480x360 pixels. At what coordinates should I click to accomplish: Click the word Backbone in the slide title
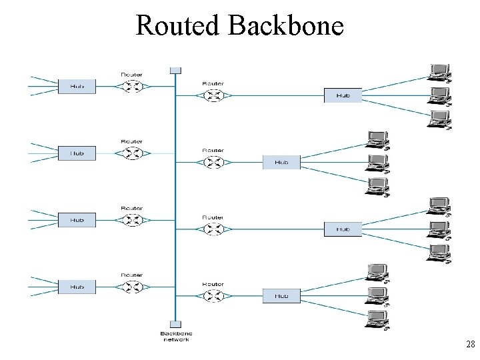285,25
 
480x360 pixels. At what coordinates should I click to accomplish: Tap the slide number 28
470,345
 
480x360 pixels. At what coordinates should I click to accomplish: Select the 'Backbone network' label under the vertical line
175,336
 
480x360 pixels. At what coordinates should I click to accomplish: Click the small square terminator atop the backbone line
175,70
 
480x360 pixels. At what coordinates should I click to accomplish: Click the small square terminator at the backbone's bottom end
175,324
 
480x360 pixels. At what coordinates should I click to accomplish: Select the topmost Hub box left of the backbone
77,86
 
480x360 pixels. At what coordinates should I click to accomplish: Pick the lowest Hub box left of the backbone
77,287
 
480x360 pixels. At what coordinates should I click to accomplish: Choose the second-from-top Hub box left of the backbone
77,153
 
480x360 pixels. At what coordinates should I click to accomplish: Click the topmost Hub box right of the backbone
343,95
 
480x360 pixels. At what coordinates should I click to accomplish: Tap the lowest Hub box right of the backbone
281,295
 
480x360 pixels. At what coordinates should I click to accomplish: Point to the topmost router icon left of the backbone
131,86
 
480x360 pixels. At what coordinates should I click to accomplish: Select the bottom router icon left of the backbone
131,287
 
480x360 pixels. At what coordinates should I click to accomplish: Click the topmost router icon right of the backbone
213,95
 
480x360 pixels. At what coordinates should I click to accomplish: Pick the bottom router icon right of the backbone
213,295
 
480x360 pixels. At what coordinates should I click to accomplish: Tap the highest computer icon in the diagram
439,71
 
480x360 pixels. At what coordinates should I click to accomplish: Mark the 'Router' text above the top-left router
131,74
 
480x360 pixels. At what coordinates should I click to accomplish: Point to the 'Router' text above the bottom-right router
213,284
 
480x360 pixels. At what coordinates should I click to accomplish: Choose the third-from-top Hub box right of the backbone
343,229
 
